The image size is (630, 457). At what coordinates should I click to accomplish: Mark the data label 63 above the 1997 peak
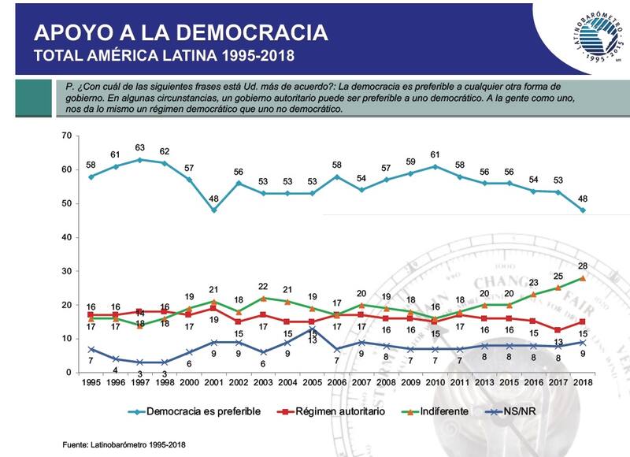[140, 147]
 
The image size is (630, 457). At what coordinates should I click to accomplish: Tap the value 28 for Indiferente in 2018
[584, 266]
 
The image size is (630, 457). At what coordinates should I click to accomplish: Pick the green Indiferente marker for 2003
[262, 298]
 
